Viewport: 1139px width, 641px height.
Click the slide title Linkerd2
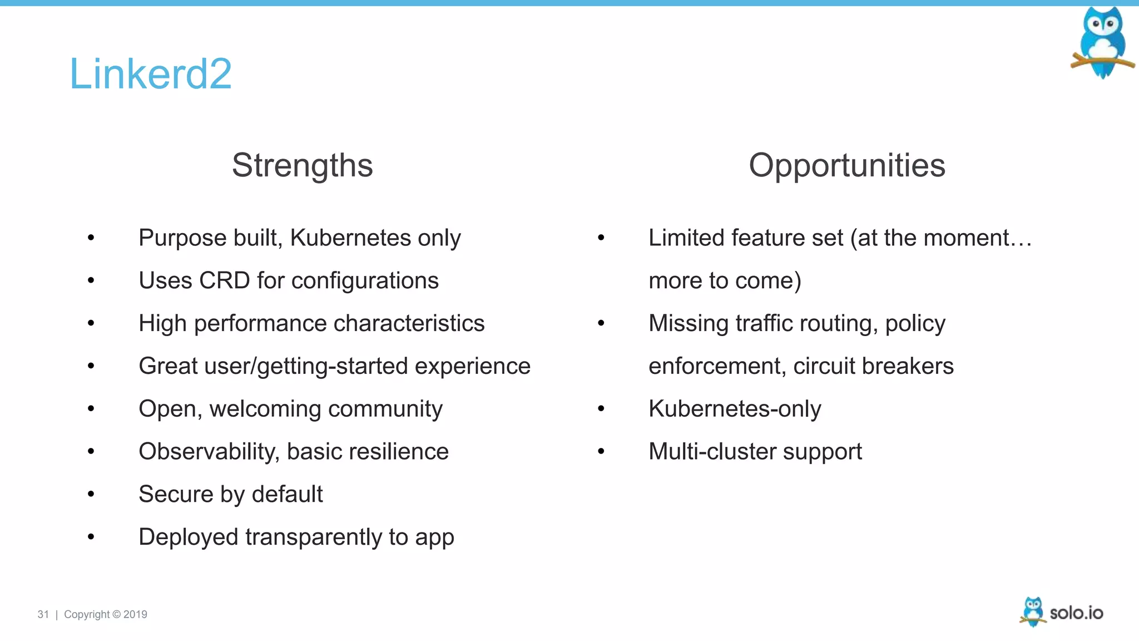pos(150,73)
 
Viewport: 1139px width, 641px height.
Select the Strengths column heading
pos(302,165)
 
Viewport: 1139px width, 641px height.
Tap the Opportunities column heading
pos(846,165)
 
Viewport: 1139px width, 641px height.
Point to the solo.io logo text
pos(1076,613)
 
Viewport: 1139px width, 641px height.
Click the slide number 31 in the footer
pos(43,614)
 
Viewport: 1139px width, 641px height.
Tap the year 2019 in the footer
pos(135,614)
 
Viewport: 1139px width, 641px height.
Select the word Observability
pos(209,451)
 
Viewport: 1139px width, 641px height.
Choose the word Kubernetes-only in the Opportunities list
pos(734,409)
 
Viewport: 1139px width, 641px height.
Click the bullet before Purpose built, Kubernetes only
pos(91,238)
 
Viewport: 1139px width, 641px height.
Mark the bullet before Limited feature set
pos(601,238)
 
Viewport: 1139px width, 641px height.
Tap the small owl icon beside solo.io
pos(1033,612)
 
